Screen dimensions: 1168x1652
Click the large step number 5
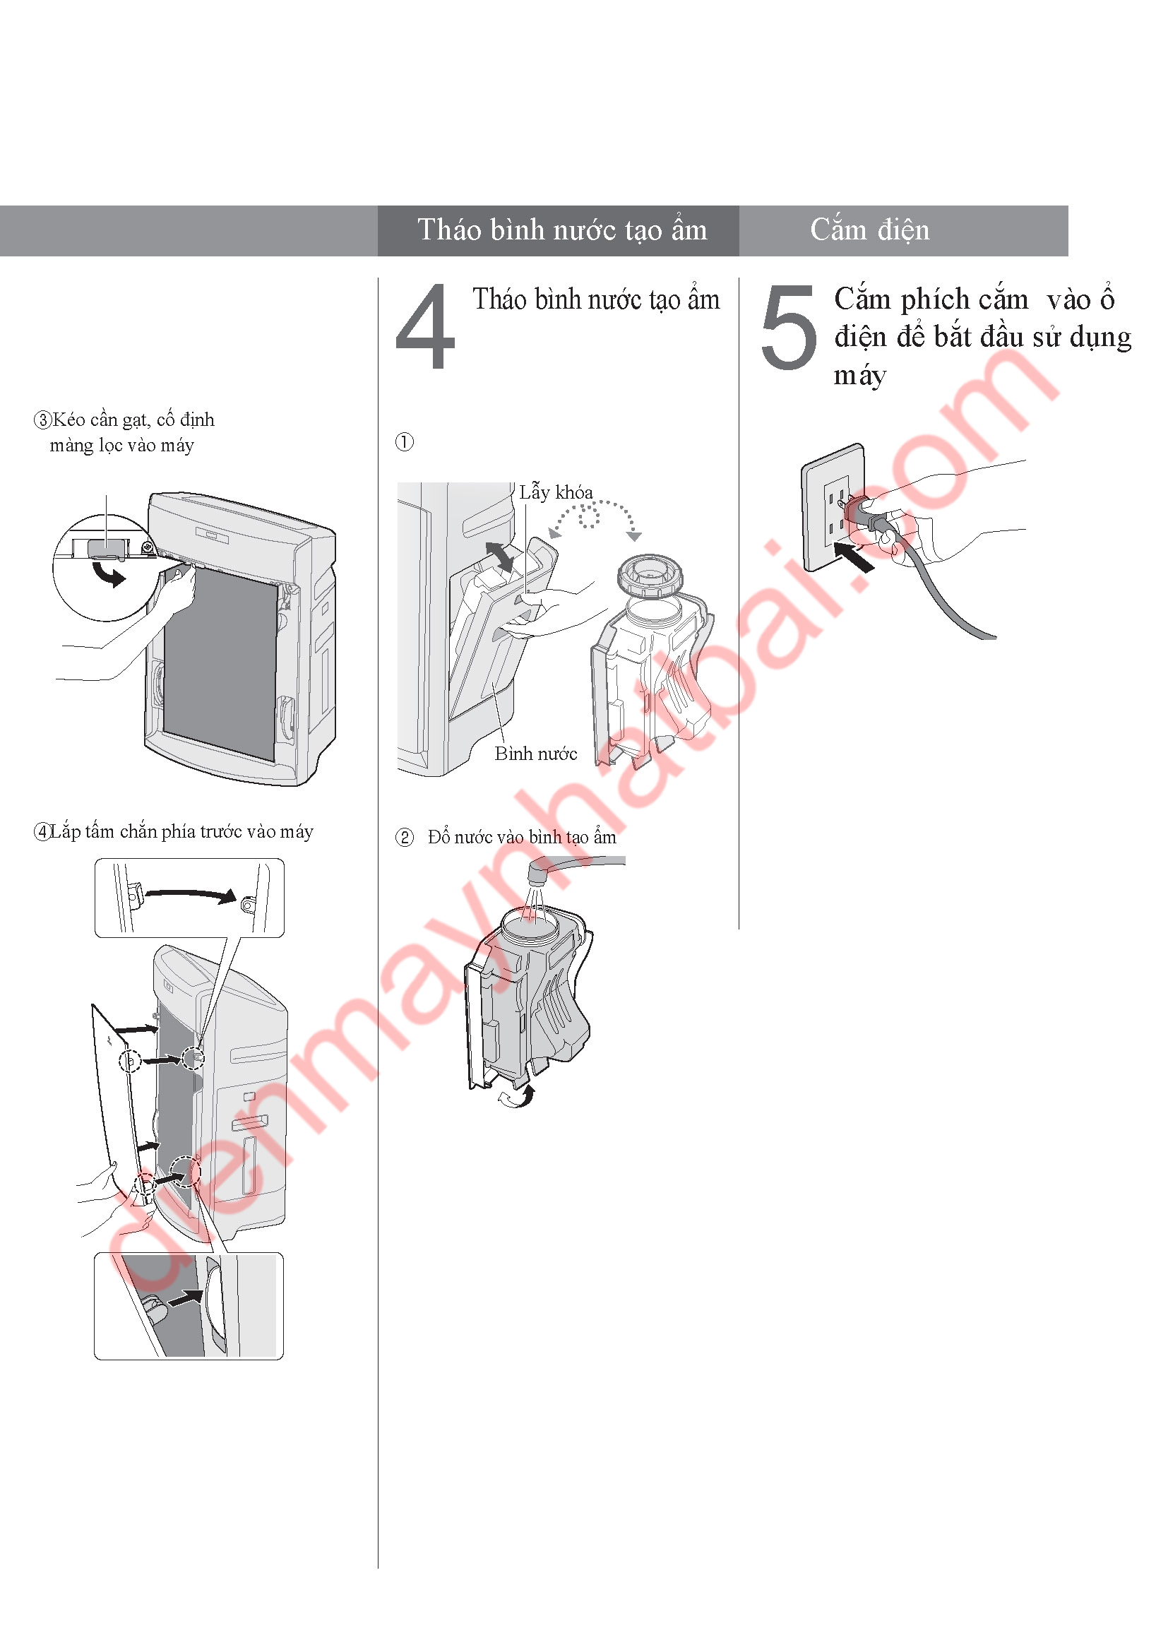[x=789, y=327]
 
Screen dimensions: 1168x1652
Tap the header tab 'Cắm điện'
[x=869, y=230]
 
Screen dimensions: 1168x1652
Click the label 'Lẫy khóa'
[x=556, y=492]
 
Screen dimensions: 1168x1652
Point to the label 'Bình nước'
[x=536, y=754]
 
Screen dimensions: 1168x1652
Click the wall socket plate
[x=833, y=506]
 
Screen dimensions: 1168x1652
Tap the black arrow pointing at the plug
[x=854, y=556]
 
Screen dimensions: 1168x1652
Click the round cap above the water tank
[x=650, y=576]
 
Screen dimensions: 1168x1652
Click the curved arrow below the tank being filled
[x=517, y=1097]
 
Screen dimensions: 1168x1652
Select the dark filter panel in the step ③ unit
[x=220, y=662]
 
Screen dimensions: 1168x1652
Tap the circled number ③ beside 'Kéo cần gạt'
[x=43, y=420]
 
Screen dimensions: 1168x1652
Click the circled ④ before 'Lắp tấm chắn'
[x=42, y=833]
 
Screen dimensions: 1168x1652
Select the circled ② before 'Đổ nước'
[x=405, y=838]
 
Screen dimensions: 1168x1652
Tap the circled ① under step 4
[x=405, y=441]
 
